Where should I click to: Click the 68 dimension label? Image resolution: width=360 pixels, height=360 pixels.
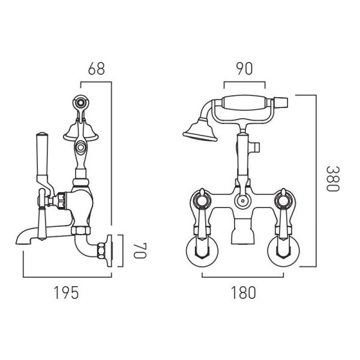97,68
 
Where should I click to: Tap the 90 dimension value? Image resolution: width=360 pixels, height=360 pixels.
245,68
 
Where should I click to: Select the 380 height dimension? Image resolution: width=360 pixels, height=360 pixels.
332,178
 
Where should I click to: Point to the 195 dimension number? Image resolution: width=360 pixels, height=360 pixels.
67,293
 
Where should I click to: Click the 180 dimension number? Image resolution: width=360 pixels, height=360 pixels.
243,293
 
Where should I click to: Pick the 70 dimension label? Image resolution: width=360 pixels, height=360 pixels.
140,250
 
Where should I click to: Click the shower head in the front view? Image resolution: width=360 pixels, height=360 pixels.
200,130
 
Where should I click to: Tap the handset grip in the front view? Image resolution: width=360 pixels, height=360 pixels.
245,103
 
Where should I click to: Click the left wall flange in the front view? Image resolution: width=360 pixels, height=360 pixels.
202,251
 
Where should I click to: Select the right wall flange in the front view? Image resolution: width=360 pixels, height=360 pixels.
284,251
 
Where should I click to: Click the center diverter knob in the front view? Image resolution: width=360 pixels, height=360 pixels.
242,201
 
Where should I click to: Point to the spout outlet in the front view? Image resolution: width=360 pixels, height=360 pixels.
242,232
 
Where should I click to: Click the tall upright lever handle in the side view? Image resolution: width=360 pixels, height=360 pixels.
43,158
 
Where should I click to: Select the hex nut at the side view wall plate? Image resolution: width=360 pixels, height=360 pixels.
101,251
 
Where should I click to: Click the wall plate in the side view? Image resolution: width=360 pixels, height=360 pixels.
109,251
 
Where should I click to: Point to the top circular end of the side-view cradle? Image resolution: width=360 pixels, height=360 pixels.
81,103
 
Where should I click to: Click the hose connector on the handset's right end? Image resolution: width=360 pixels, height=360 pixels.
281,103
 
